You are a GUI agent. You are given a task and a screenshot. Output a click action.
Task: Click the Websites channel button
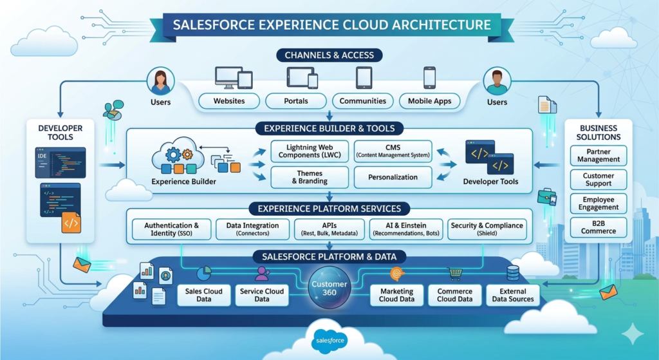coord(229,101)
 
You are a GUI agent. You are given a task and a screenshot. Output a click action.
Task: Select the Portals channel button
coord(296,101)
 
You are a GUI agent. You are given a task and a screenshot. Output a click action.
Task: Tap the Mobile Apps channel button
coord(430,101)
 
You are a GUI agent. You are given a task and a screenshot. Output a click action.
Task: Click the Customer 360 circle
coord(329,289)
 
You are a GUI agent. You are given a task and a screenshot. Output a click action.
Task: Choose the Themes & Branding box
coord(310,177)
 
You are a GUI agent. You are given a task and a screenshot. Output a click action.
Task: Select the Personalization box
coord(393,177)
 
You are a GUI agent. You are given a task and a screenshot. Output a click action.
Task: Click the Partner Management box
coord(599,155)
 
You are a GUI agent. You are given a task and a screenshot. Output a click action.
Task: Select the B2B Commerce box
coord(599,227)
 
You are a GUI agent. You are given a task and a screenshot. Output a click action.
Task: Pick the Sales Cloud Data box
coord(204,295)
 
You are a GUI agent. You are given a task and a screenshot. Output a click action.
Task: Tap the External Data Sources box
coord(513,295)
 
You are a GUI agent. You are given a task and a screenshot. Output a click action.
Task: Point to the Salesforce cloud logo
coord(329,339)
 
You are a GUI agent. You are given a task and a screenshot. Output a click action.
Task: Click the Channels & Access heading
coord(329,55)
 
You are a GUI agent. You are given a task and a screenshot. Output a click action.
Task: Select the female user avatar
coord(160,82)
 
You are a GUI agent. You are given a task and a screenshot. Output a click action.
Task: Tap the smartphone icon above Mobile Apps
coord(430,78)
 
